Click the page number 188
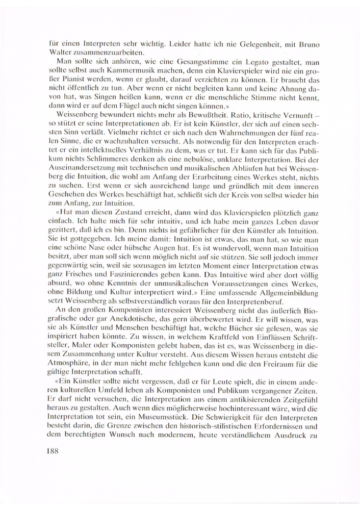50,451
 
